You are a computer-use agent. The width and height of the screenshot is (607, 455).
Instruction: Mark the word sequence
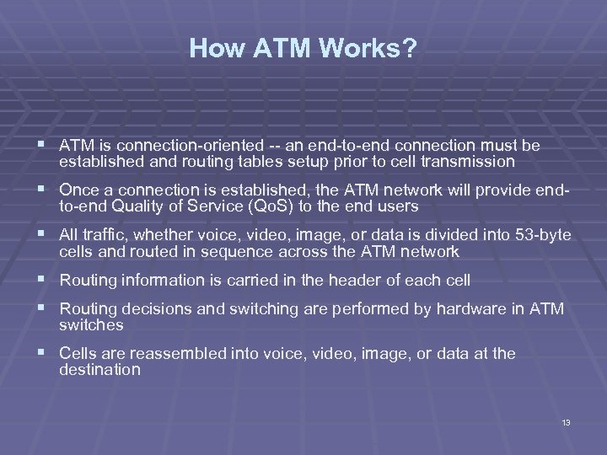point(239,251)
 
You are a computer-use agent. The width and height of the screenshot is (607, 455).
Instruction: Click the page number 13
point(566,421)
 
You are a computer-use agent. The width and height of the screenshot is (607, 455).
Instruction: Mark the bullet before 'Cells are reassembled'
point(45,354)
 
